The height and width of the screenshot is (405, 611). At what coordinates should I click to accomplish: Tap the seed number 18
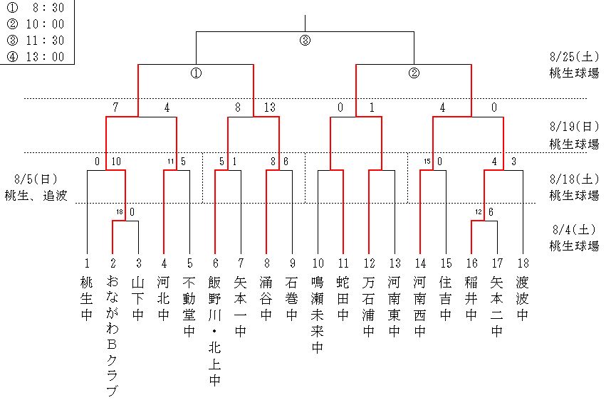coord(522,262)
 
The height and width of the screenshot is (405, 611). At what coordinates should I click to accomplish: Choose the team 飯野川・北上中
coord(215,332)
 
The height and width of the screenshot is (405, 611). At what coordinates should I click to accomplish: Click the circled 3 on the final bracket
coord(305,41)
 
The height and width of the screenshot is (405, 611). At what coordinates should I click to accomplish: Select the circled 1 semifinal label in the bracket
coord(196,73)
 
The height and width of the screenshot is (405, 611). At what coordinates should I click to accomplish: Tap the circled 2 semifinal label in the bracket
coord(414,73)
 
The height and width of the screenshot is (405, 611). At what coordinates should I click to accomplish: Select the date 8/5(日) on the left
coord(35,179)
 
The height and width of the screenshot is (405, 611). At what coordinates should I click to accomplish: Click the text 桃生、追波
coord(36,195)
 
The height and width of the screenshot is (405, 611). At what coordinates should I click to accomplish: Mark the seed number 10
coord(318,262)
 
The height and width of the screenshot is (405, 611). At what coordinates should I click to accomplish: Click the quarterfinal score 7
coord(115,108)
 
